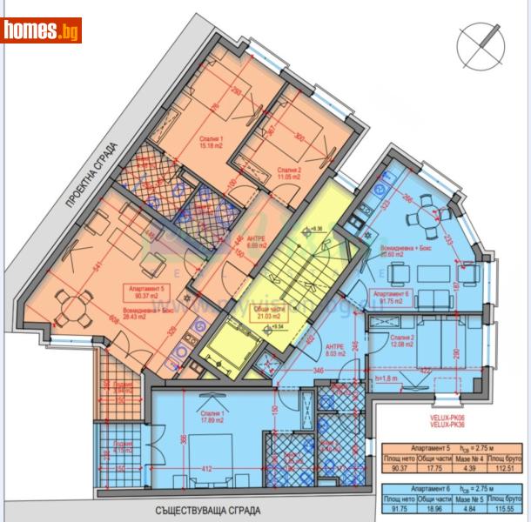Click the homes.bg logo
tap(41, 31)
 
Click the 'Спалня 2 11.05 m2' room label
tap(290, 173)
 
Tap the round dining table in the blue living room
tap(427, 210)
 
